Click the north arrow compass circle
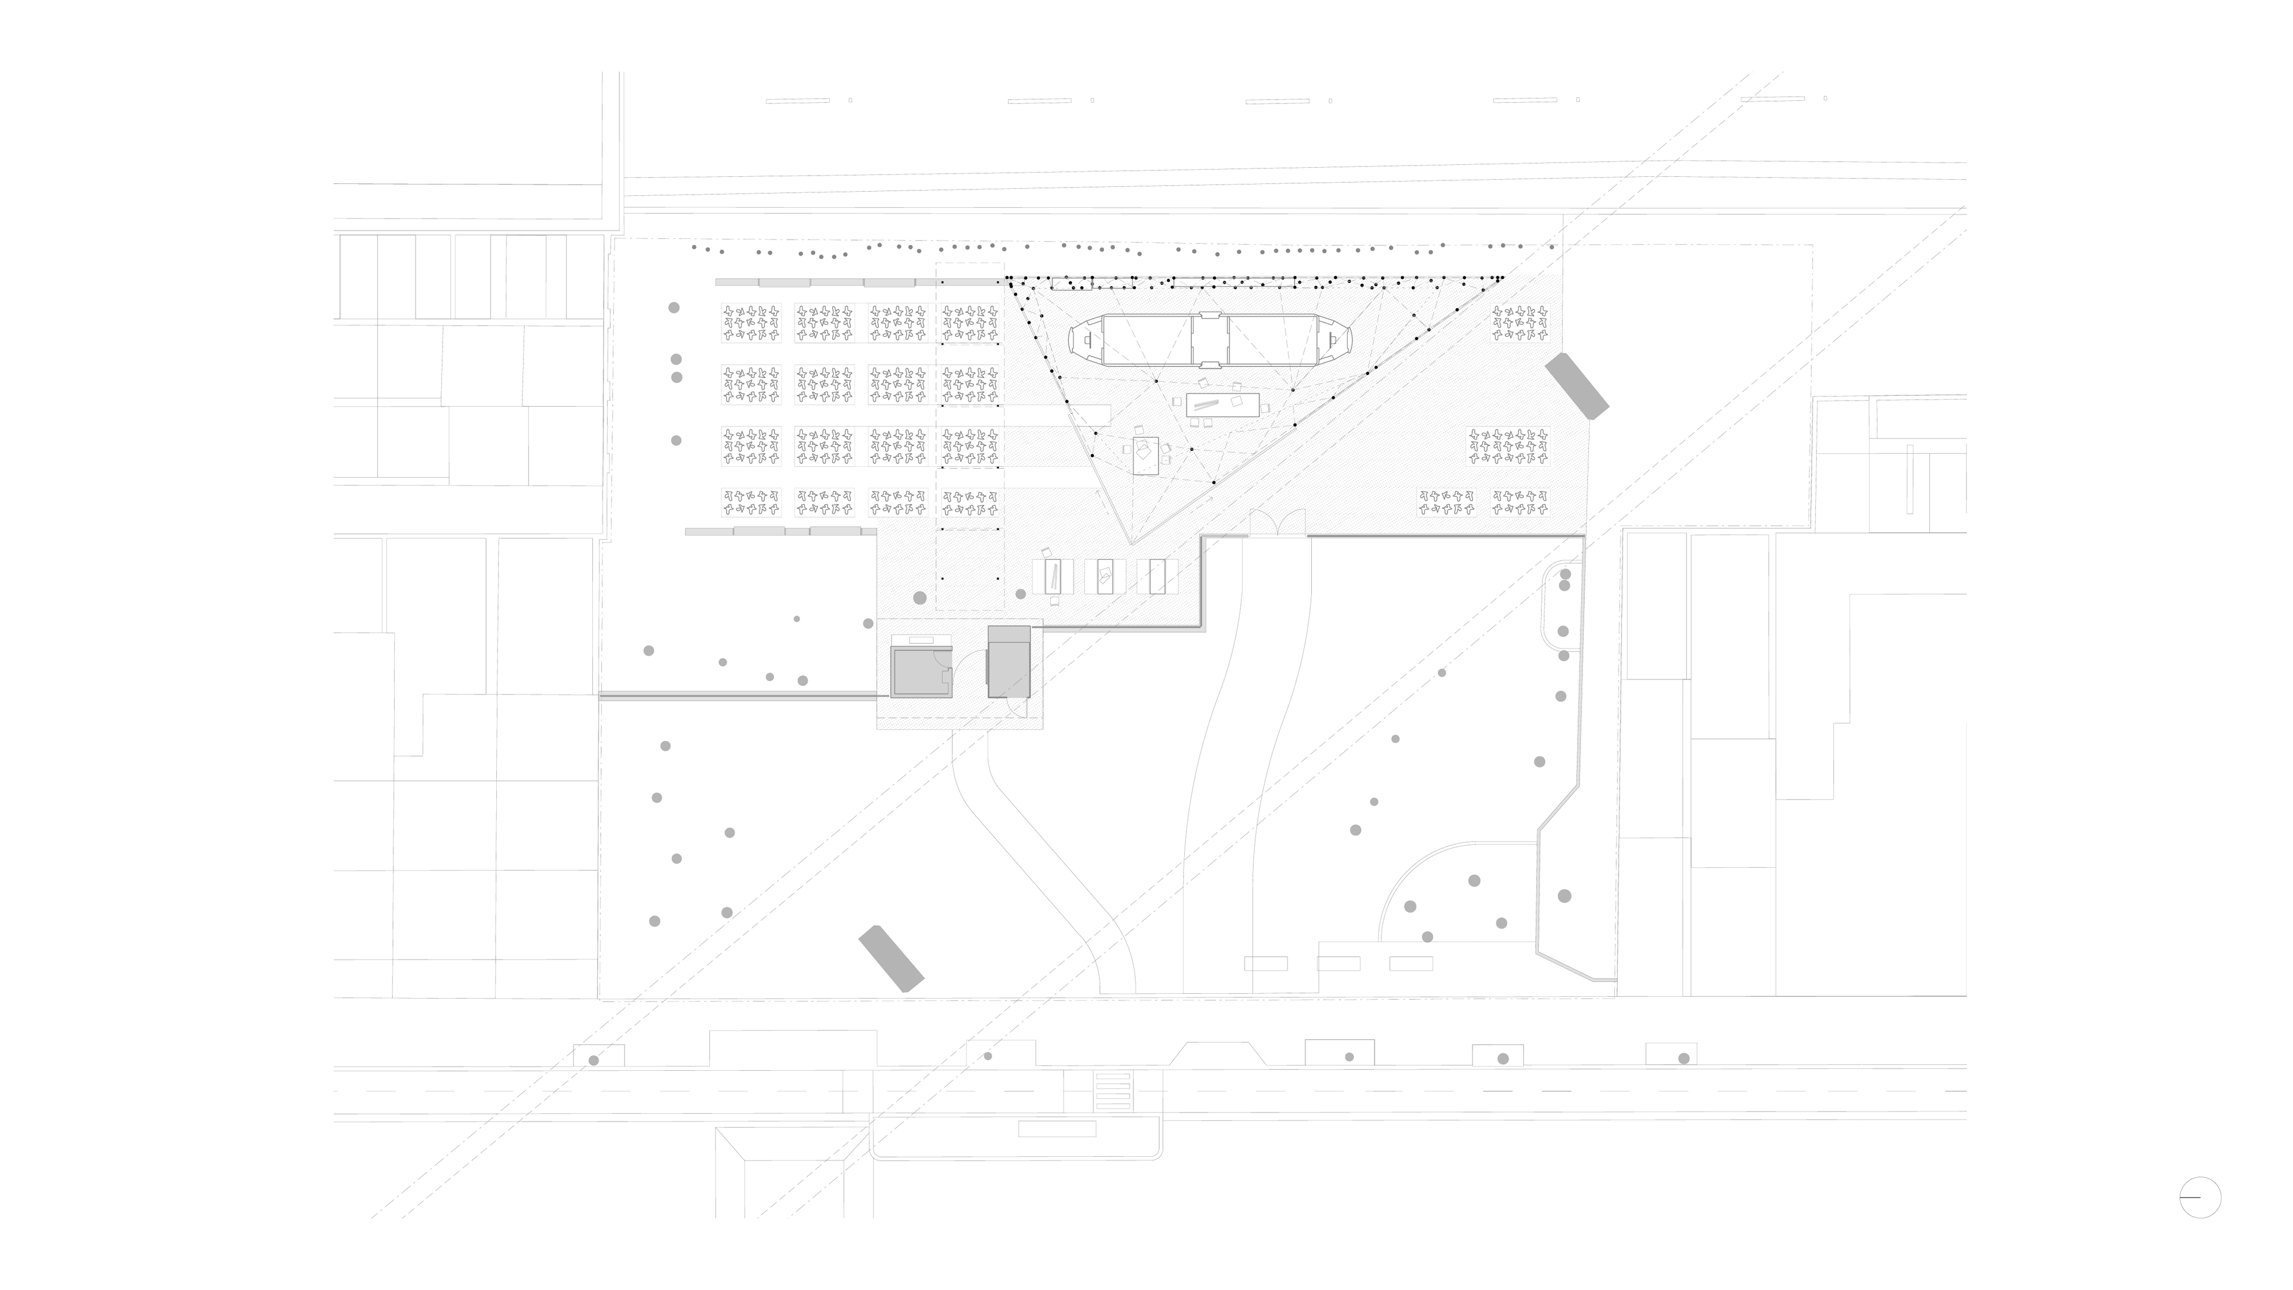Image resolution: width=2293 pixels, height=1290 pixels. (2199, 1197)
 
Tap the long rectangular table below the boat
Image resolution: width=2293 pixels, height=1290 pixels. (1223, 404)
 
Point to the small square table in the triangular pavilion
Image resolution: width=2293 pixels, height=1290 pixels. (1146, 456)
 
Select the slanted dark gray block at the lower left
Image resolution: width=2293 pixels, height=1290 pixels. (890, 959)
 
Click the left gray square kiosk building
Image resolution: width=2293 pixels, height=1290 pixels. (921, 672)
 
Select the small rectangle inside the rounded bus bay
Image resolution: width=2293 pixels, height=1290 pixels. (1056, 1129)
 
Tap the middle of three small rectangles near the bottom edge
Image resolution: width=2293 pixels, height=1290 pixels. (1338, 963)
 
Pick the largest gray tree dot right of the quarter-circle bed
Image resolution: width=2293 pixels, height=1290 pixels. (1564, 896)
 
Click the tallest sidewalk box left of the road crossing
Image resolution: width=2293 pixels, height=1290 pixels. (792, 1049)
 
